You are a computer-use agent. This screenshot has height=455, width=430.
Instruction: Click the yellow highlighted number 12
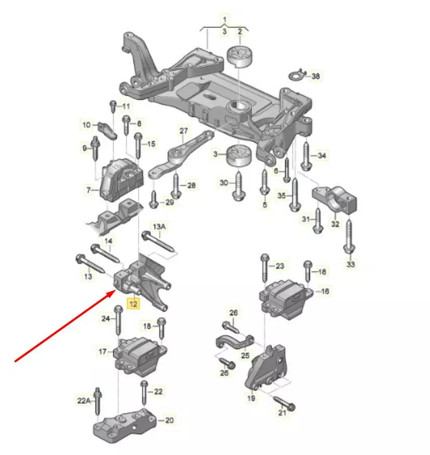pos(133,304)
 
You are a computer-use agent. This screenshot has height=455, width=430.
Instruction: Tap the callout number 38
pos(315,76)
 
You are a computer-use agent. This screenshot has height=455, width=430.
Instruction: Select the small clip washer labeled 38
pos(298,75)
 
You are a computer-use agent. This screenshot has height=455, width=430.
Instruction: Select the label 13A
pos(159,226)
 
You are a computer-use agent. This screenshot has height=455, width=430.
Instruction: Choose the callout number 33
pos(351,264)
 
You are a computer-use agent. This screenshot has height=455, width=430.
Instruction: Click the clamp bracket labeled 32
pos(334,200)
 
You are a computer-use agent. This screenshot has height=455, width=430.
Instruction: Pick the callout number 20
pos(169,420)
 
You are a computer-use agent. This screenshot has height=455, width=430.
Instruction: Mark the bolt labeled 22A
pos(98,402)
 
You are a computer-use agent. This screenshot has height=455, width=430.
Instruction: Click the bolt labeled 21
pos(285,404)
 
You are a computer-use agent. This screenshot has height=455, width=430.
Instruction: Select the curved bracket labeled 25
pos(235,342)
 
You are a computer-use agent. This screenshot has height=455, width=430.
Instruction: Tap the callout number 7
pos(88,190)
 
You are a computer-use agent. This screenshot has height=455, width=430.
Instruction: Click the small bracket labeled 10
pos(107,130)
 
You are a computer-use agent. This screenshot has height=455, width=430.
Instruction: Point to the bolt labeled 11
pos(113,106)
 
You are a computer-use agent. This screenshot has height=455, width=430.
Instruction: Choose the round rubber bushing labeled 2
pos(239,57)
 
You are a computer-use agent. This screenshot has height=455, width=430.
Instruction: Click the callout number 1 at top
pos(224,20)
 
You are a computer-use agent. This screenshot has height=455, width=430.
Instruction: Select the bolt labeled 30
pos(238,186)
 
